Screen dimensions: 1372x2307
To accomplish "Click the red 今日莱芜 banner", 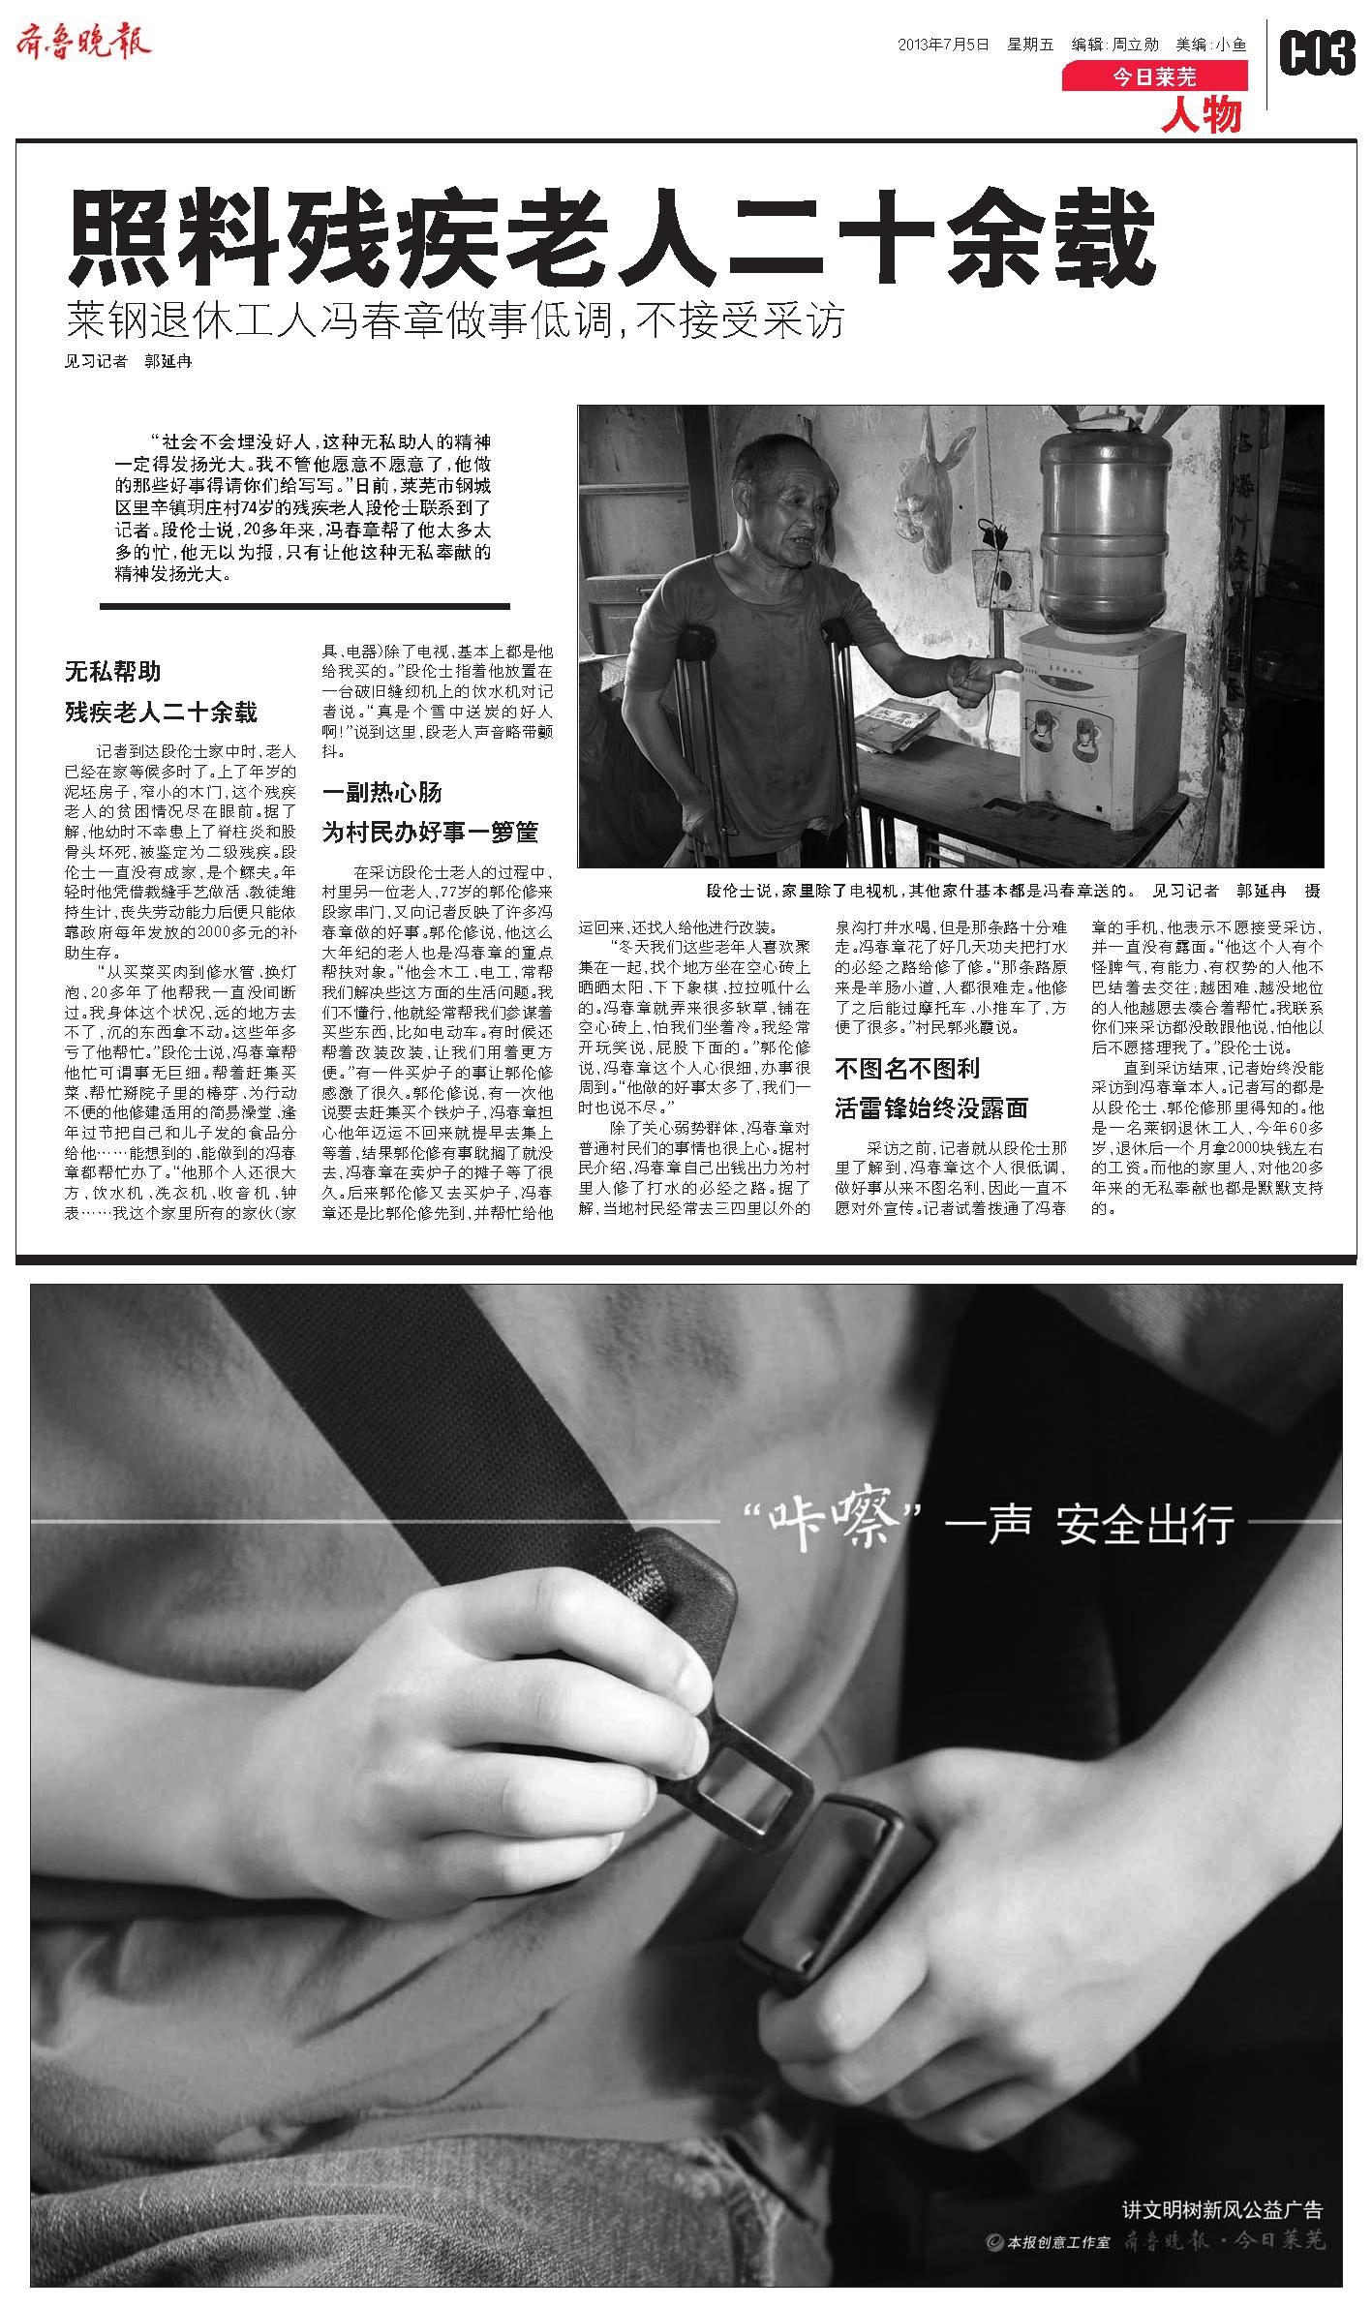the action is tap(1154, 76).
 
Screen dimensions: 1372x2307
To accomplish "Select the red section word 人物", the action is tap(1202, 115).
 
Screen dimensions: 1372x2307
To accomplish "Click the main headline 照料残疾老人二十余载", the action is tap(611, 237).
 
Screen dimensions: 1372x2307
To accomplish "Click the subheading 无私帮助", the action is tap(112, 672).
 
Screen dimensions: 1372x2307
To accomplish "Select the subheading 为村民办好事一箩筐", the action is tap(430, 833).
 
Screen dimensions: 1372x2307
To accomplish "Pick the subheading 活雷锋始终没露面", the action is tap(931, 1108).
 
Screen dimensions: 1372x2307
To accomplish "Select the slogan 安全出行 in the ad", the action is tap(1146, 1525).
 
